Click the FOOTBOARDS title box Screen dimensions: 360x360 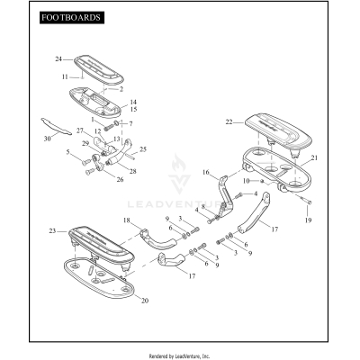pos(71,17)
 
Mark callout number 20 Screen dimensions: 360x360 pos(146,301)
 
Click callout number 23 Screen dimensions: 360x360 pos(52,231)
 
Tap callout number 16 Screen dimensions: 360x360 pos(205,171)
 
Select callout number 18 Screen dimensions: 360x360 pos(127,220)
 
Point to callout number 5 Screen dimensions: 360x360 pos(67,152)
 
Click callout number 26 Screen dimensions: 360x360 pos(120,178)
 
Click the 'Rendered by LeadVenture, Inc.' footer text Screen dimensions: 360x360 pos(180,356)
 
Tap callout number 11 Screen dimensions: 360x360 pos(64,77)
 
